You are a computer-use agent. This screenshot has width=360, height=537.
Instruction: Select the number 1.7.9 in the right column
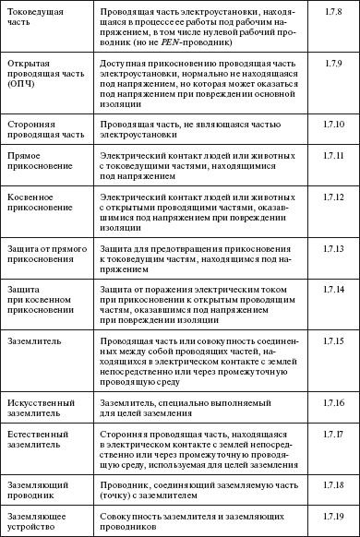point(334,62)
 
